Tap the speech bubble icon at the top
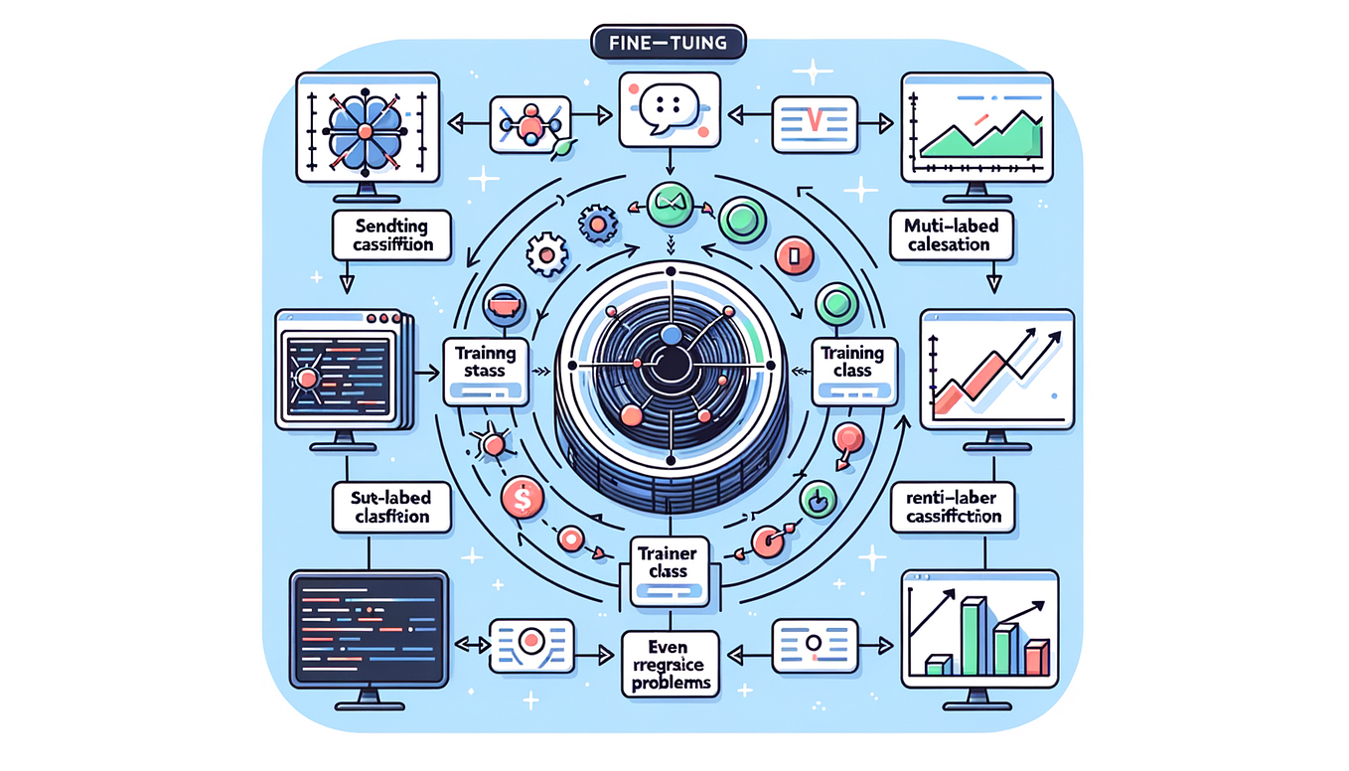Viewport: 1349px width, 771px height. coord(669,108)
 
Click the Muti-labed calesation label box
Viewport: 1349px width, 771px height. coord(945,235)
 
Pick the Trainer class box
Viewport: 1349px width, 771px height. coord(666,569)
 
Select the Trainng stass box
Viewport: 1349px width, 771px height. coord(485,368)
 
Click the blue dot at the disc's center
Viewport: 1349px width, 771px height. coord(672,336)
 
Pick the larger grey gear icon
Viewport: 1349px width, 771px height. coord(544,253)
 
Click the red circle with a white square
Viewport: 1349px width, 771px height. coord(794,258)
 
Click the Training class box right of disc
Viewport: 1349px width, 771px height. coord(854,370)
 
